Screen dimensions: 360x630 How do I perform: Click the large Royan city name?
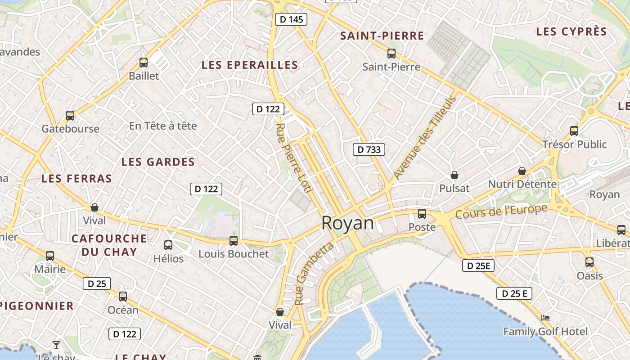(x=347, y=223)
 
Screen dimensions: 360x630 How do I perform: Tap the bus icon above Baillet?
(x=144, y=63)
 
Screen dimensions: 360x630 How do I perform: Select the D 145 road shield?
(x=291, y=19)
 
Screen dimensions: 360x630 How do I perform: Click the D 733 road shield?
(x=369, y=149)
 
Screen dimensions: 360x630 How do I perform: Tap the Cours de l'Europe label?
(x=501, y=211)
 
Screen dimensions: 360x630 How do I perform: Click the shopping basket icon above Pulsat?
(x=454, y=175)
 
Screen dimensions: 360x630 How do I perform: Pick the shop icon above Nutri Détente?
(x=522, y=171)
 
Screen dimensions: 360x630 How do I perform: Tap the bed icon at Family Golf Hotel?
(x=545, y=318)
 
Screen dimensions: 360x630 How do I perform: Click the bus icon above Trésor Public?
(x=574, y=131)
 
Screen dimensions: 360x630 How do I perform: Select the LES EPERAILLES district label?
(x=250, y=65)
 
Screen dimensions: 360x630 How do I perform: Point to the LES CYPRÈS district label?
(x=571, y=31)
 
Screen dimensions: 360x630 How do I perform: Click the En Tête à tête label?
(x=163, y=126)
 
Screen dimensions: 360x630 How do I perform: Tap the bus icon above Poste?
(x=422, y=214)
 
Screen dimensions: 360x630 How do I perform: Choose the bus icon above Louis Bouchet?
(x=234, y=241)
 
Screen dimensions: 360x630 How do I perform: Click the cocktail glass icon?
(x=56, y=345)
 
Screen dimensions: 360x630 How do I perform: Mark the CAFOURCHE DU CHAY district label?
(x=109, y=245)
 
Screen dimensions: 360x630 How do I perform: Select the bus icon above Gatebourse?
(x=70, y=116)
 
